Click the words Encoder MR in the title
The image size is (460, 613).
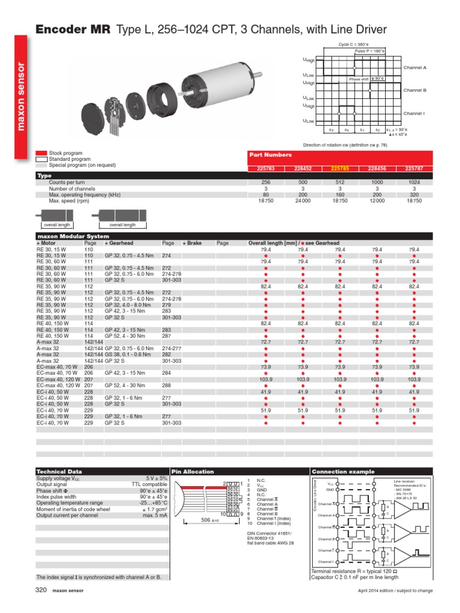[x=73, y=29]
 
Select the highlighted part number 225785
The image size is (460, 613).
[x=340, y=169]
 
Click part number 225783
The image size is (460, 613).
[x=265, y=169]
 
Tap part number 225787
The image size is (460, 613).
[x=413, y=169]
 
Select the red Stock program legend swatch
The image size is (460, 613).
[x=41, y=154]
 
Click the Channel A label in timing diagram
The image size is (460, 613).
[x=414, y=68]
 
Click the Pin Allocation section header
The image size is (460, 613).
[x=189, y=472]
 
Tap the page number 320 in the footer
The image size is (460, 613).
[x=41, y=590]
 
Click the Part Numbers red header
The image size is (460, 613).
[x=271, y=154]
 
